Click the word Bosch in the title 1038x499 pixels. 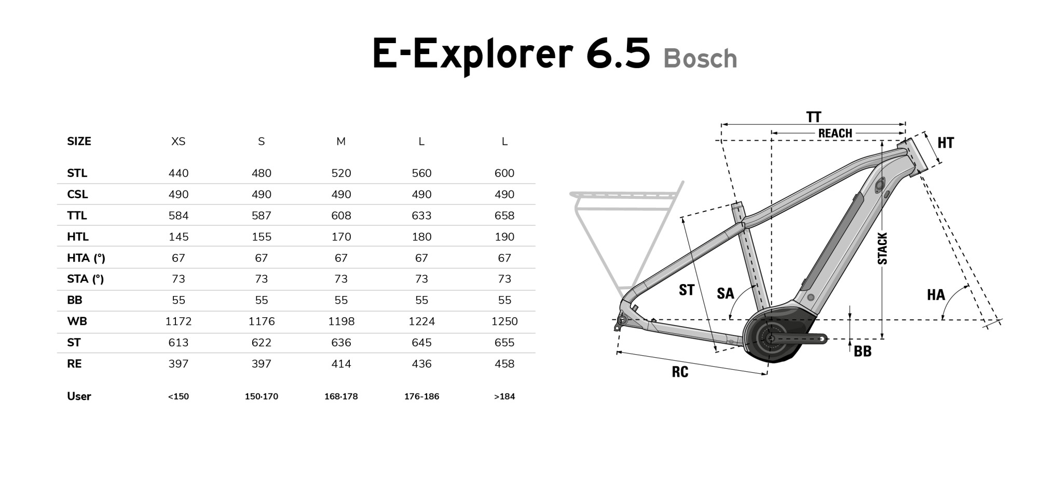[x=700, y=59]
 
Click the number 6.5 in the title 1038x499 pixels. [x=618, y=53]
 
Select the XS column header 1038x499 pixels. [x=178, y=141]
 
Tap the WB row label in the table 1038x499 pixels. [x=77, y=321]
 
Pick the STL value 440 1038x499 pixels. [x=178, y=173]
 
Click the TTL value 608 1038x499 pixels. [x=341, y=215]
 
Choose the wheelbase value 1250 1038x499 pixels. [x=504, y=321]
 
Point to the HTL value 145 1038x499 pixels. [x=178, y=237]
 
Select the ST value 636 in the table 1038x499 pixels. [x=341, y=343]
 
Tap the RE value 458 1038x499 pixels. [x=504, y=364]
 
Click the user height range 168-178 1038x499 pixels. [x=341, y=397]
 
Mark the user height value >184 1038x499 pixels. [x=504, y=397]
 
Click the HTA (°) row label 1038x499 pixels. [x=86, y=258]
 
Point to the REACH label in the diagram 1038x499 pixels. [x=835, y=133]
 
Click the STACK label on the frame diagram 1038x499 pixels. [x=882, y=248]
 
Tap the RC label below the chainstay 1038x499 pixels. [x=680, y=372]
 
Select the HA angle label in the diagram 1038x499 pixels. [x=936, y=295]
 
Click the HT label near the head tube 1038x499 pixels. [x=946, y=143]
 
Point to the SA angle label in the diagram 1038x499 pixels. [x=726, y=293]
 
